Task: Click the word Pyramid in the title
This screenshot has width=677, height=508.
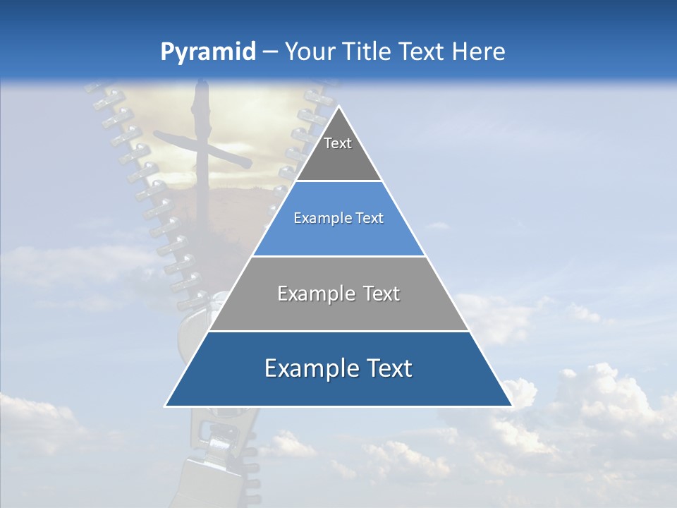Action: tap(207, 52)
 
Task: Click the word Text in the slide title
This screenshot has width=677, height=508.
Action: tap(423, 52)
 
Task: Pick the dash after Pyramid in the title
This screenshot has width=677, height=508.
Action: tap(270, 53)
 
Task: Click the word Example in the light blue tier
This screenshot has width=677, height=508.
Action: tap(322, 219)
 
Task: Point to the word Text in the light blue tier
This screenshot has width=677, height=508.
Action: tap(369, 219)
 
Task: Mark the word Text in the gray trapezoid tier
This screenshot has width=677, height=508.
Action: tap(382, 294)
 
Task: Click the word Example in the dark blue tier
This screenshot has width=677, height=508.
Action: tap(310, 368)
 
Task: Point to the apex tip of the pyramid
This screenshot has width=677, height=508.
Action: tap(338, 107)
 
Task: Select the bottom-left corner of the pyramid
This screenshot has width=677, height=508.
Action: tap(166, 405)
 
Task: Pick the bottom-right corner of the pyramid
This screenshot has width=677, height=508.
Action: tap(511, 405)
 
